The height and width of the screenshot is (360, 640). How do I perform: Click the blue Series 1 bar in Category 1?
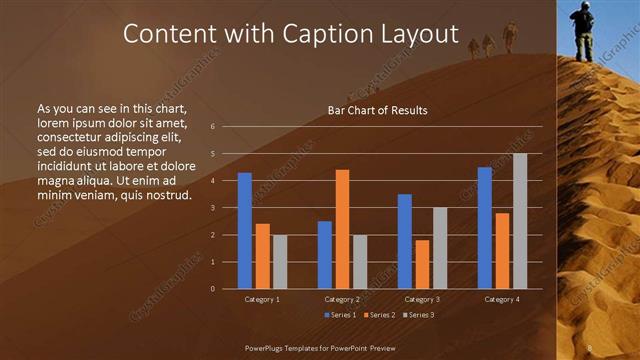tap(244, 231)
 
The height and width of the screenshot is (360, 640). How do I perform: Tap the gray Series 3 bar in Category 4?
tap(520, 221)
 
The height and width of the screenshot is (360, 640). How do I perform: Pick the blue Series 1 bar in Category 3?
tap(404, 241)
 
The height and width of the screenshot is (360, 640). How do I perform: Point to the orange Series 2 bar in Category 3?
tap(422, 264)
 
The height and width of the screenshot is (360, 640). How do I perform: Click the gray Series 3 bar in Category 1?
tap(280, 262)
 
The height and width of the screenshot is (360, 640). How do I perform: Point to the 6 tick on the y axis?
tap(213, 127)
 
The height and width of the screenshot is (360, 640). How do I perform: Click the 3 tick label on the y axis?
tap(213, 208)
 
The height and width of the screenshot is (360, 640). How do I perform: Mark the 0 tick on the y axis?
tap(213, 289)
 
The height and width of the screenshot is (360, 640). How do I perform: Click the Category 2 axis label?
tap(343, 299)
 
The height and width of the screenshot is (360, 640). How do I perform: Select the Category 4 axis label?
tap(502, 299)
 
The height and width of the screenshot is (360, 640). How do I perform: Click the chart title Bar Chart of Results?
tap(377, 110)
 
